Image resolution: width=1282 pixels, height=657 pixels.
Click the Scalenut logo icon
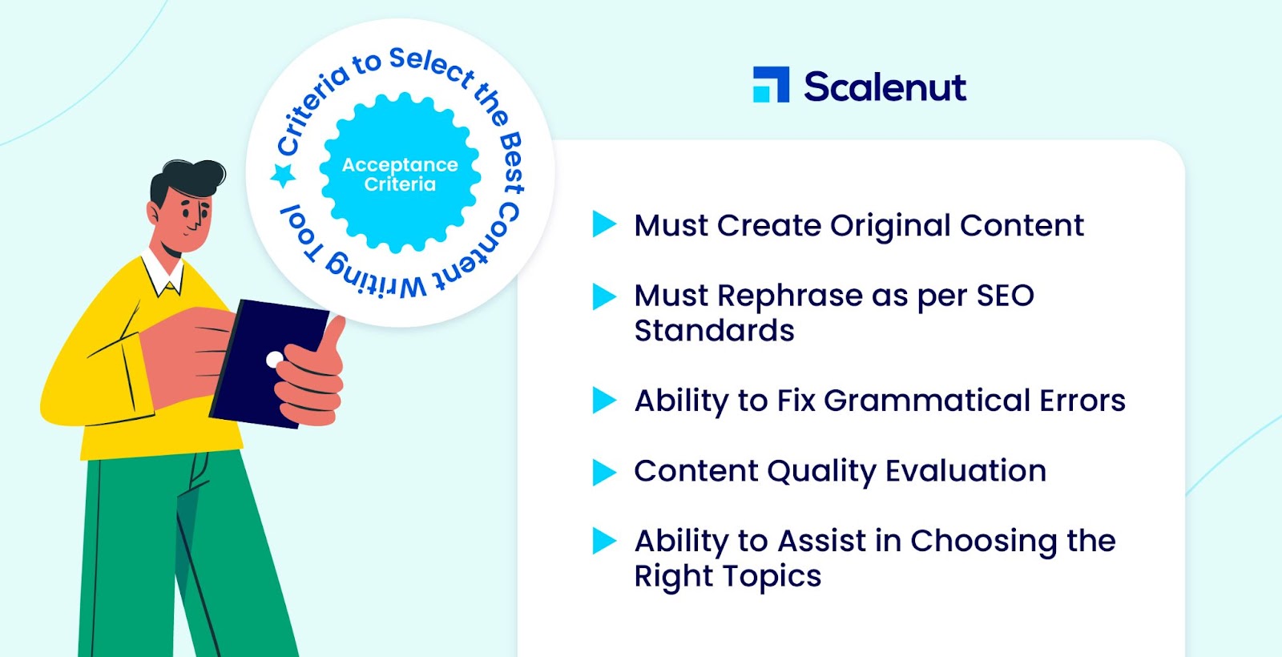pyautogui.click(x=771, y=85)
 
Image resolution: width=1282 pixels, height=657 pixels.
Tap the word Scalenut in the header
pyautogui.click(x=885, y=87)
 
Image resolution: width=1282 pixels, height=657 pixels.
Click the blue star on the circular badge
pyautogui.click(x=283, y=175)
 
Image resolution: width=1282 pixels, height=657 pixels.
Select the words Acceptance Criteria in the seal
pyautogui.click(x=400, y=175)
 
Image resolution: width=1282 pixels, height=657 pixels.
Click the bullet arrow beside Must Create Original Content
pyautogui.click(x=604, y=224)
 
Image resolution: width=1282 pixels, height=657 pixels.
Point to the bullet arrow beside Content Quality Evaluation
pyautogui.click(x=604, y=472)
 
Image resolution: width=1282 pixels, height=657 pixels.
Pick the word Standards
pyautogui.click(x=714, y=330)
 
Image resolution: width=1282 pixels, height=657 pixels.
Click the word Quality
pyautogui.click(x=821, y=472)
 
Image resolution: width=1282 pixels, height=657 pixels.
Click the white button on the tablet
pyautogui.click(x=275, y=360)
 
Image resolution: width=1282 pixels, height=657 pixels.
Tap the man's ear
pyautogui.click(x=153, y=212)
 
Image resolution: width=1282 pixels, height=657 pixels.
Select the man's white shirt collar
pyautogui.click(x=164, y=274)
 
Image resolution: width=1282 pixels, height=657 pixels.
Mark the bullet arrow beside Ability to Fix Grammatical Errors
pyautogui.click(x=604, y=400)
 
